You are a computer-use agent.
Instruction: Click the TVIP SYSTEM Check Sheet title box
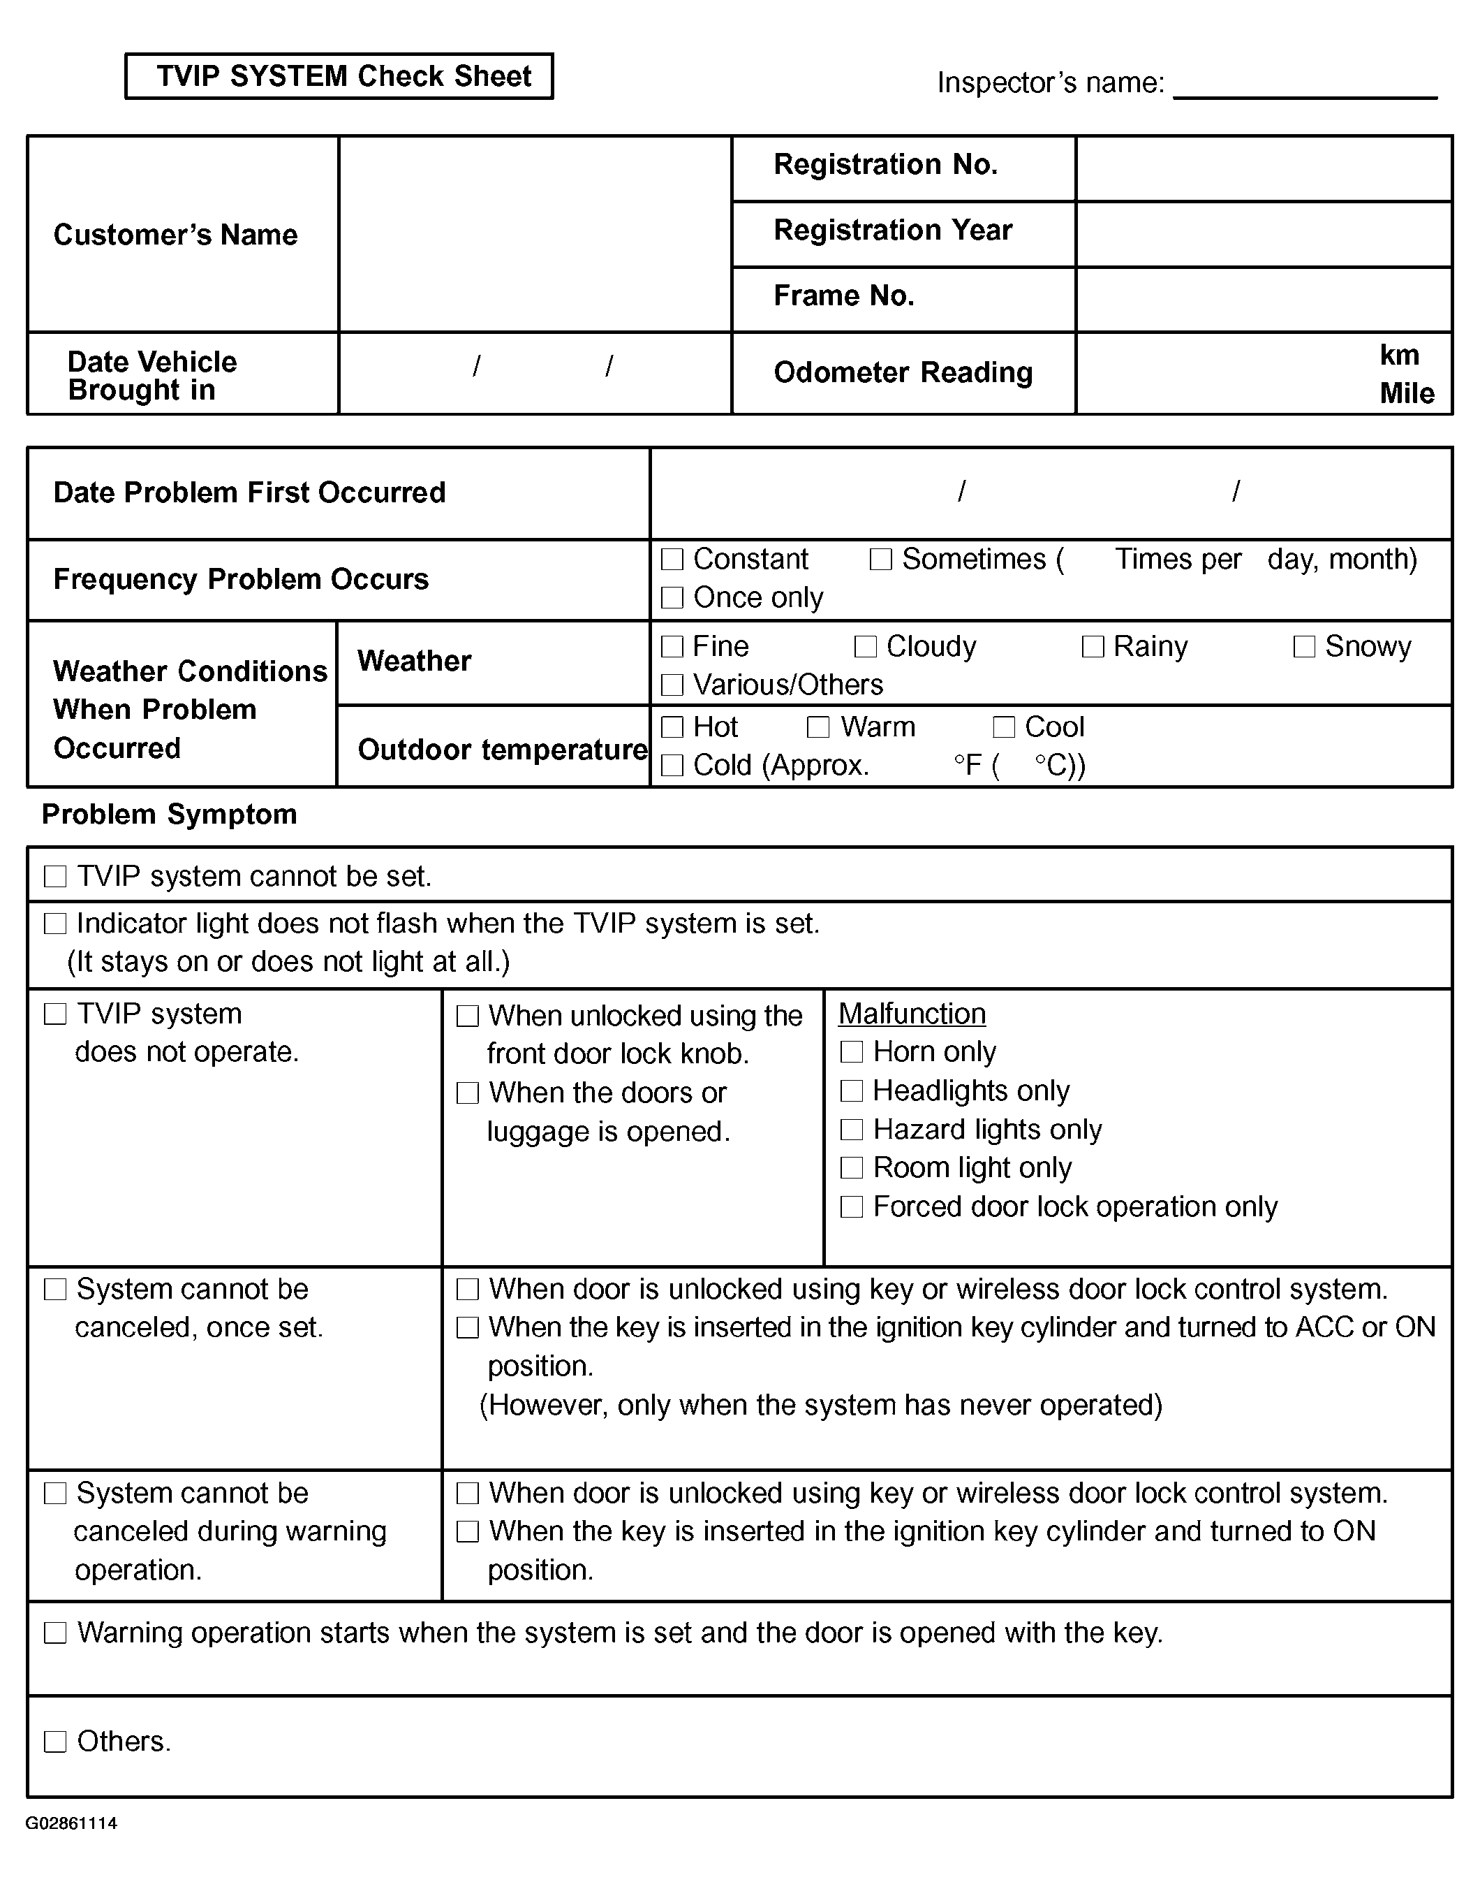click(339, 76)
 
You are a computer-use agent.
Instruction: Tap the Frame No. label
click(843, 296)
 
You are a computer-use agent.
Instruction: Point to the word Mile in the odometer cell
click(1406, 393)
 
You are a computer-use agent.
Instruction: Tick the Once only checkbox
click(672, 598)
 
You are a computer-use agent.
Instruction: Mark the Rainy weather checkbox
click(1093, 647)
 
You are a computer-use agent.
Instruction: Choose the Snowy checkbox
click(1304, 647)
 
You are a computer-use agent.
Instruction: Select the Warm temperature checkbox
click(818, 727)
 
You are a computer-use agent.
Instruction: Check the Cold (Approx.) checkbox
click(672, 766)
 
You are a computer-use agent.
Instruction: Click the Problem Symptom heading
click(169, 815)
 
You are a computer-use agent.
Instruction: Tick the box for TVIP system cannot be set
click(55, 877)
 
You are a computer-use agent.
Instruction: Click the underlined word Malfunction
click(912, 1014)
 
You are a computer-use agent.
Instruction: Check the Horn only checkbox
click(852, 1052)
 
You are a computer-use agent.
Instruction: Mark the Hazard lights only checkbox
click(852, 1130)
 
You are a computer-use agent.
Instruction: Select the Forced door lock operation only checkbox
click(852, 1206)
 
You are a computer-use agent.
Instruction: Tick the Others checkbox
click(55, 1742)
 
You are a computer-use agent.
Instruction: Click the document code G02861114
click(71, 1824)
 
